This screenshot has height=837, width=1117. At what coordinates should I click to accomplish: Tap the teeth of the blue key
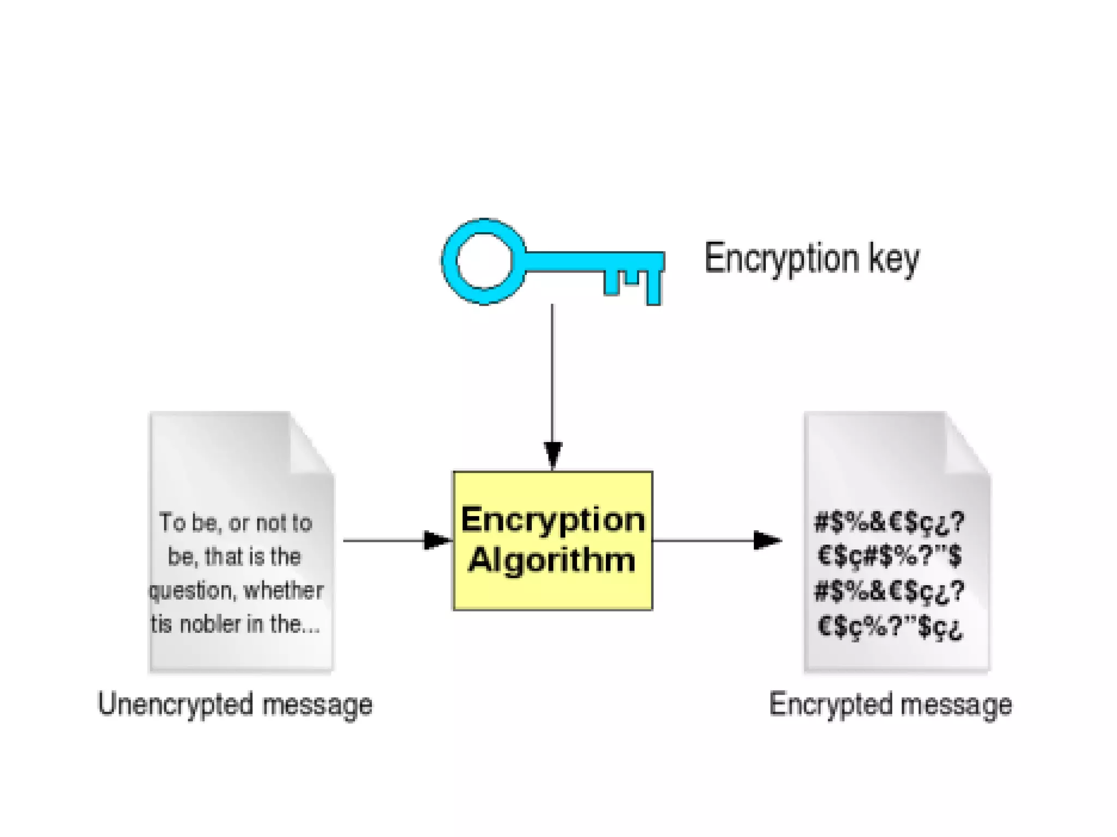633,281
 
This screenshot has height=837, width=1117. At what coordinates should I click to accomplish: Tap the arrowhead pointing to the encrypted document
766,541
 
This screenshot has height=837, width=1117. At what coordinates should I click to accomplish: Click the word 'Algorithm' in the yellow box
552,560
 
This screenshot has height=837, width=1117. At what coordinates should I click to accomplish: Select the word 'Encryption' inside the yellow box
553,519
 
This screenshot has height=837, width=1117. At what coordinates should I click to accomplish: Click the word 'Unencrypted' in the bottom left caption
175,705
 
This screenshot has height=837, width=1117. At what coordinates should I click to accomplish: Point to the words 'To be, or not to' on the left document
236,523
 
